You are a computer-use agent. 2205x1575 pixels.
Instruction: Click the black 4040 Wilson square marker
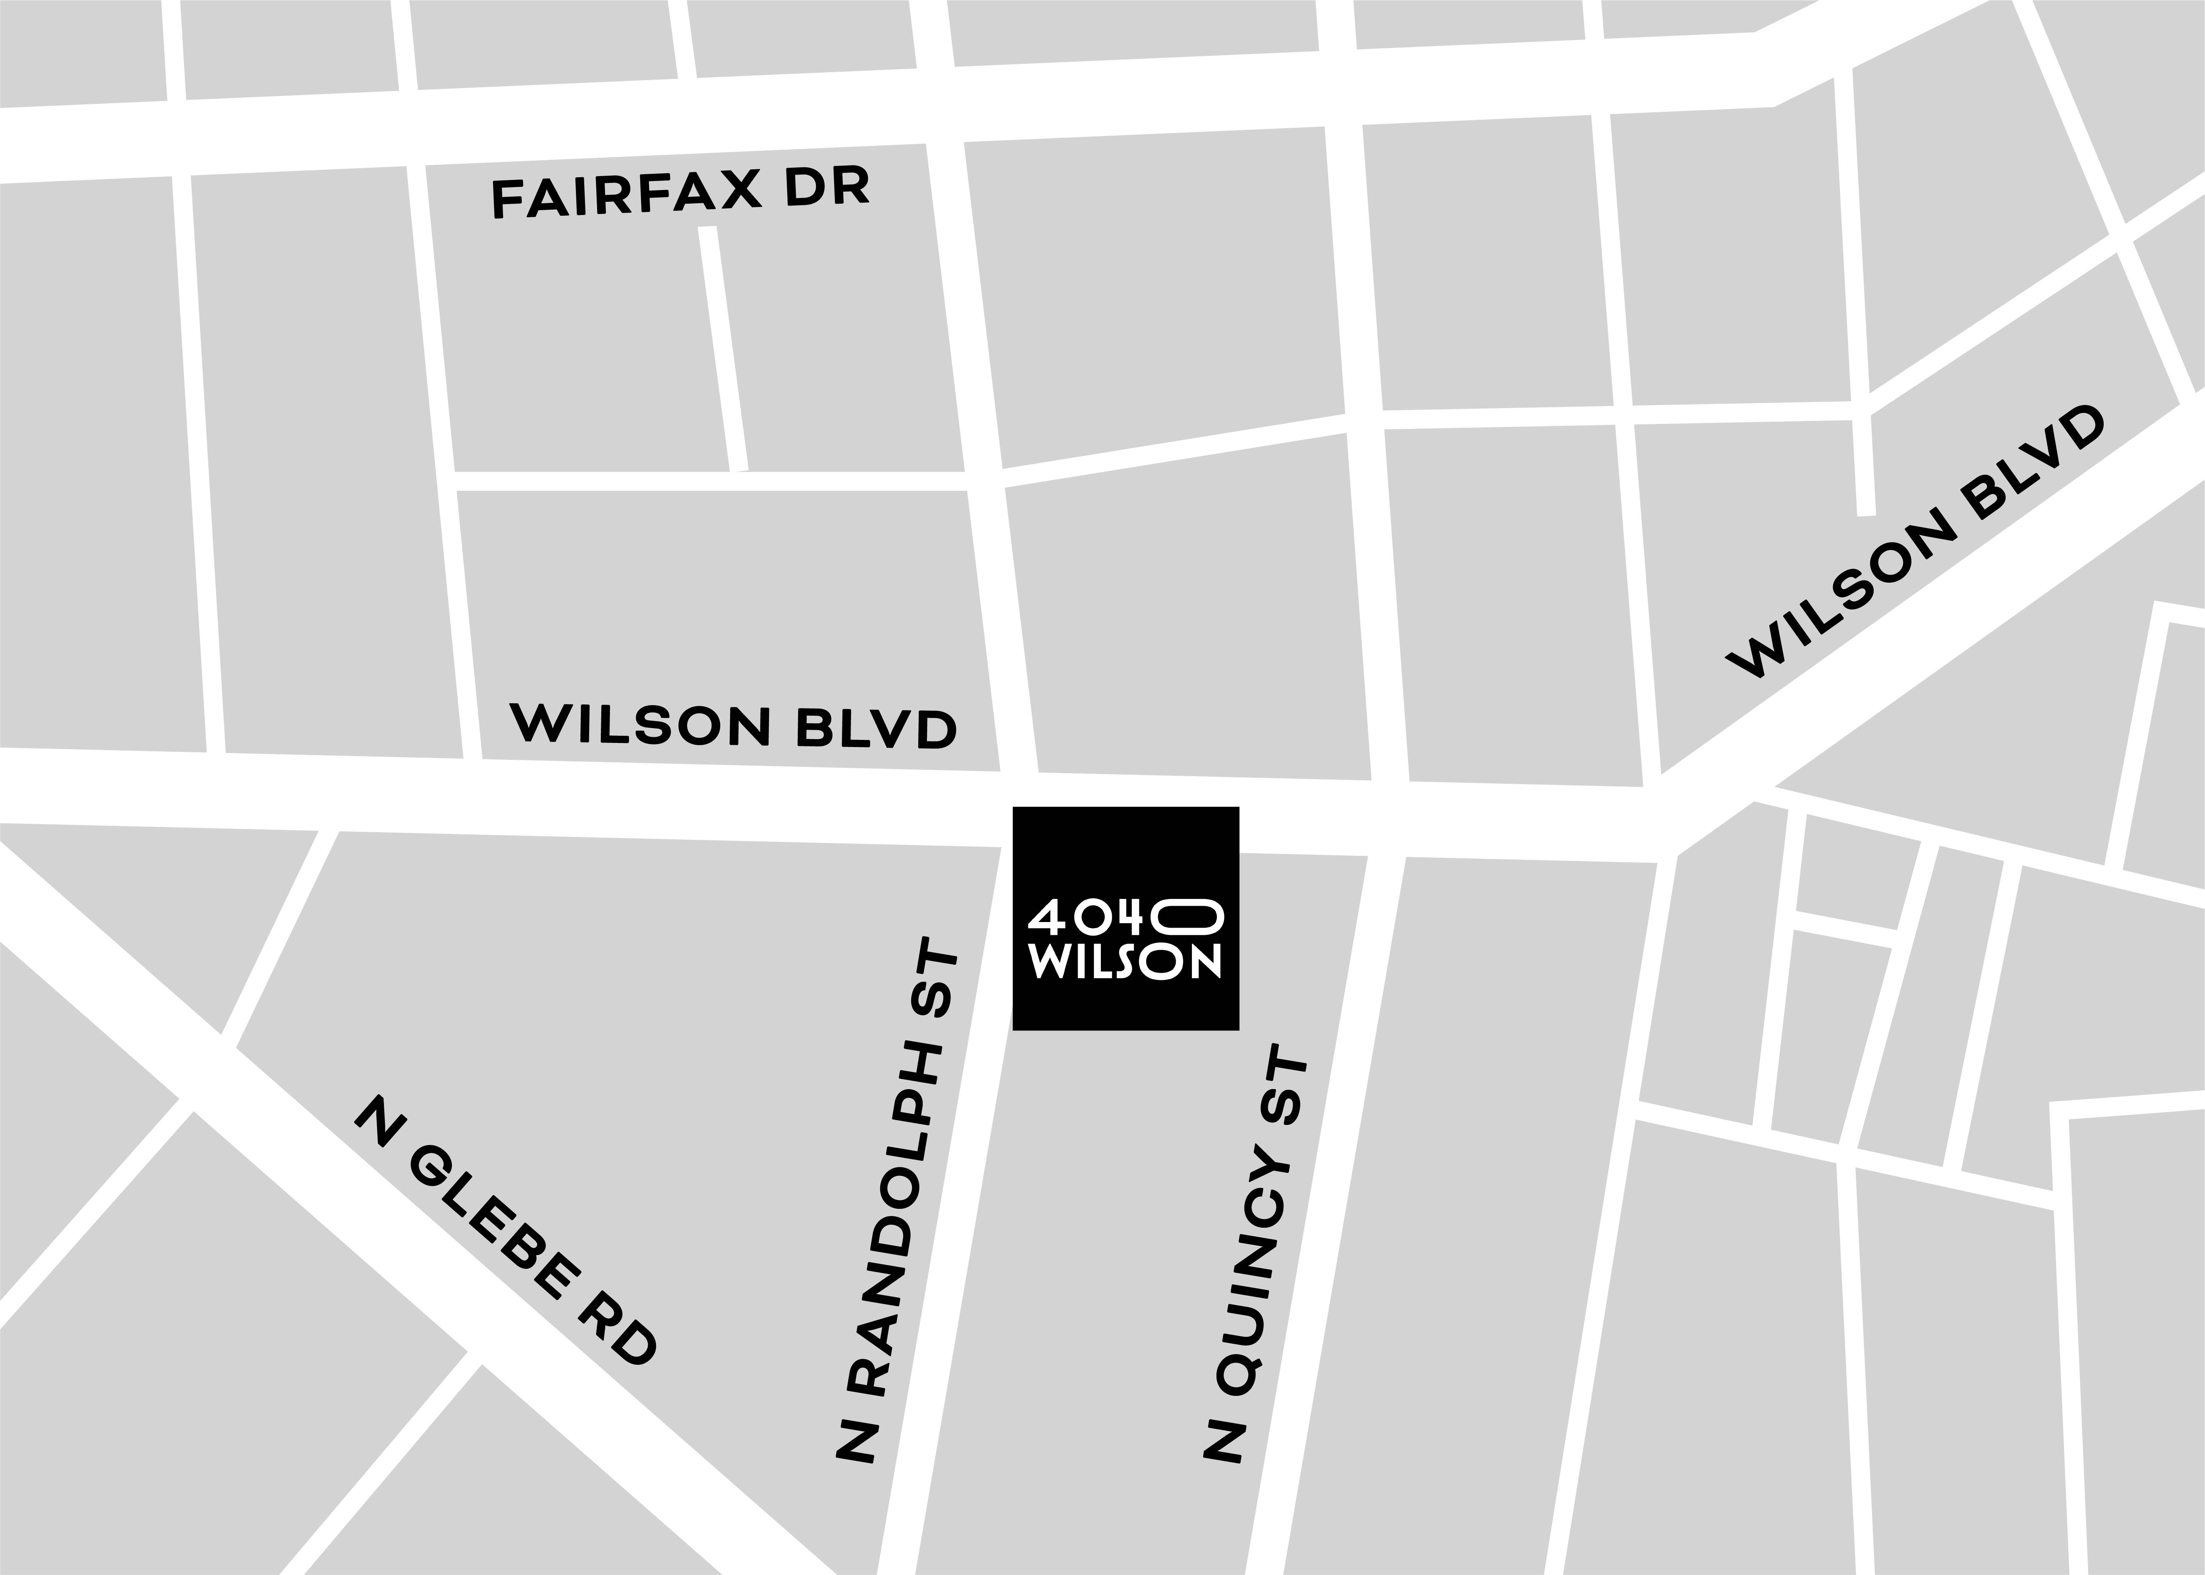tap(1126, 917)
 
